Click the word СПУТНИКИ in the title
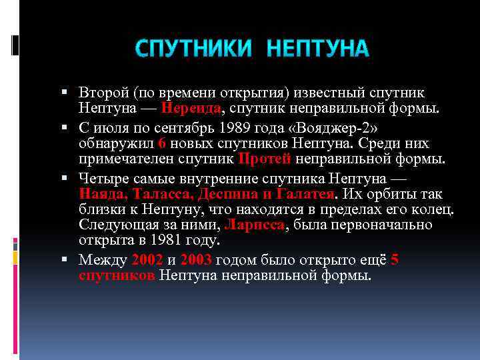coord(194,49)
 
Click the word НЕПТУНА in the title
coord(317,49)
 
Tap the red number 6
coord(163,143)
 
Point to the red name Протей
coord(265,159)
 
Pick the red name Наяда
coord(103,194)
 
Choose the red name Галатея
coord(305,194)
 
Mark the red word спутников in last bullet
coord(117,275)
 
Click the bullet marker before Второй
coord(70,92)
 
